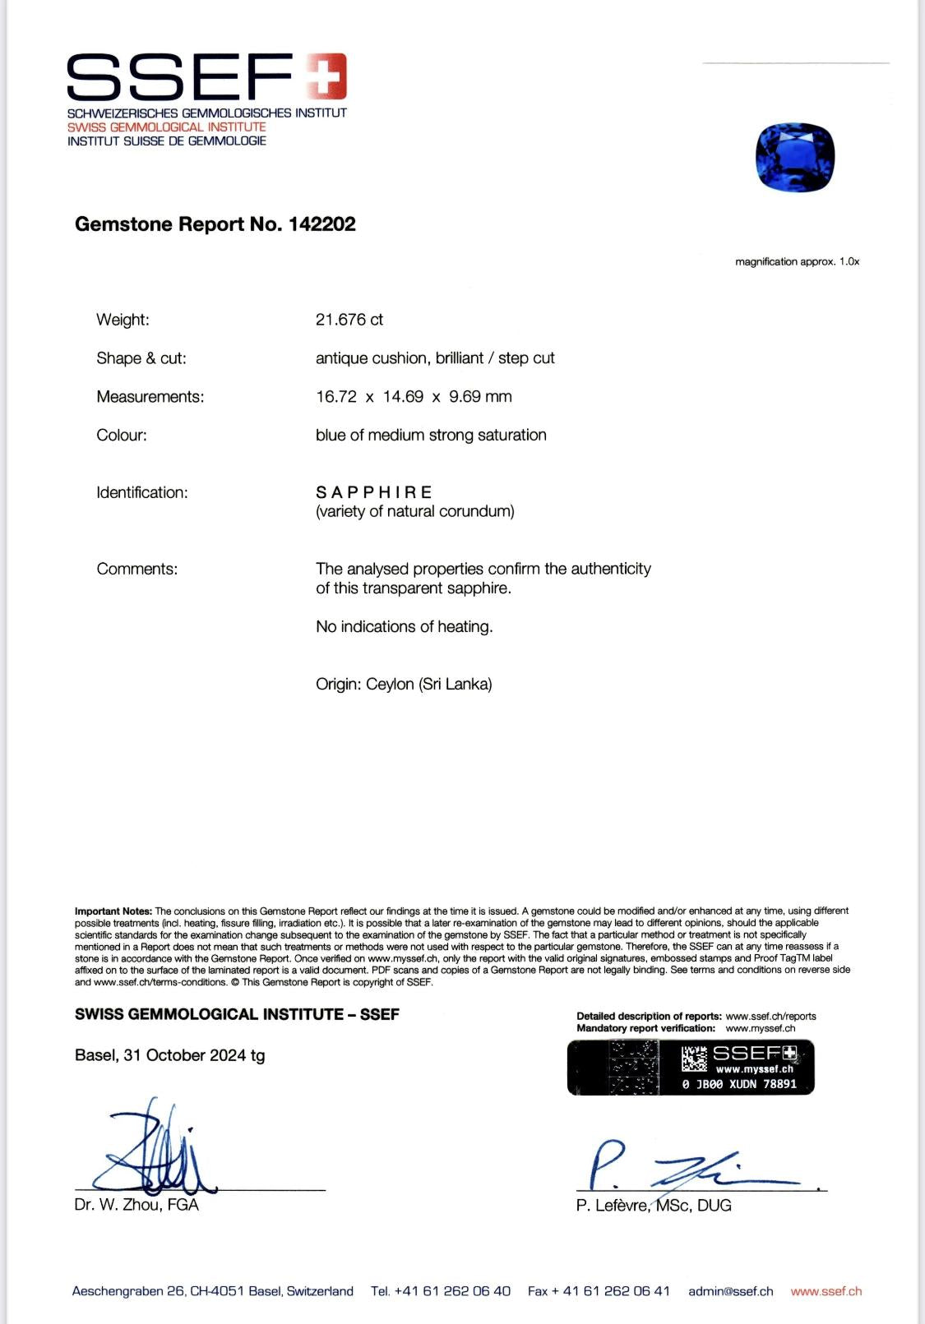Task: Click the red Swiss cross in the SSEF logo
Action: pos(326,76)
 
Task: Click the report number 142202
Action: pos(321,224)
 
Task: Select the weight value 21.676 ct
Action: pos(349,320)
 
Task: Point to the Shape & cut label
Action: pos(141,358)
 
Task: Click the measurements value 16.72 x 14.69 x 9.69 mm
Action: pos(414,397)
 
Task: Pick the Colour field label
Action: pos(122,436)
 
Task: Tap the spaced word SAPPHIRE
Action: pos(374,492)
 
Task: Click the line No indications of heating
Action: pos(405,627)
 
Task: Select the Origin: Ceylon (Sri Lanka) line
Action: pos(404,685)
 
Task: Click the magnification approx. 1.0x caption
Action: pos(797,262)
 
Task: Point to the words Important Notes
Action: pos(113,911)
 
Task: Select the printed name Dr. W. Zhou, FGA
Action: pos(136,1205)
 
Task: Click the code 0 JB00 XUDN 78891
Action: pos(739,1084)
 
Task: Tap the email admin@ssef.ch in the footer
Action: pos(730,1291)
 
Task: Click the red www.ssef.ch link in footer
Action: pos(826,1291)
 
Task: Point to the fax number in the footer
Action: pos(599,1291)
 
